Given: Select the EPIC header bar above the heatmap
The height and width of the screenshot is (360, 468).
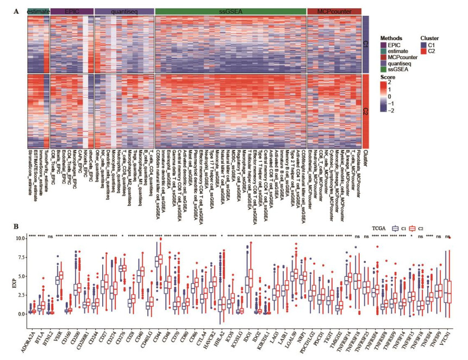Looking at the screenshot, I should [x=72, y=11].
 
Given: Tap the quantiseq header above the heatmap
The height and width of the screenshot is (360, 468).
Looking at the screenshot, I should [x=123, y=11].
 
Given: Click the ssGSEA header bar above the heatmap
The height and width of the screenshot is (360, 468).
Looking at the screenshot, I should [x=230, y=11].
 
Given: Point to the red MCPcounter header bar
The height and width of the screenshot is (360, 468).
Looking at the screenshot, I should [x=334, y=11].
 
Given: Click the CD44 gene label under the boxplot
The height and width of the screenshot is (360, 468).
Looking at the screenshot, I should [x=158, y=331].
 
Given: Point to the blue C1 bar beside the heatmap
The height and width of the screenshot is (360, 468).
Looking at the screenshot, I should [x=365, y=45].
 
